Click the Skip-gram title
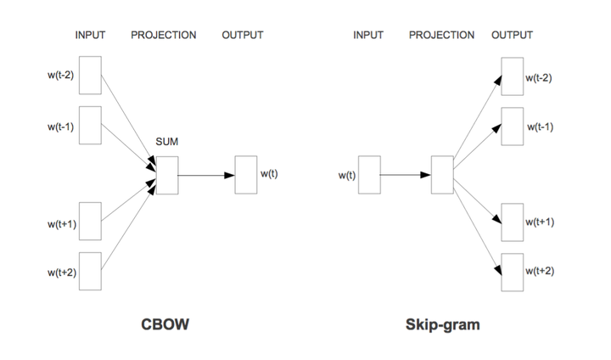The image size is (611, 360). pos(443,326)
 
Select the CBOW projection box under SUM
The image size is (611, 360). pos(166,175)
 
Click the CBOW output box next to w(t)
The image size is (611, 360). pos(246,175)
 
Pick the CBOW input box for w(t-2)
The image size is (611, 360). pos(90,76)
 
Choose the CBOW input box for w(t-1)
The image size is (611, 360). pos(90,126)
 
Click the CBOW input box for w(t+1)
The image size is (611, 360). pos(90,222)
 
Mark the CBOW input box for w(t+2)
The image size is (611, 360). pos(90,272)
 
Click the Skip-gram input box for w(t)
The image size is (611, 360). pos(368,175)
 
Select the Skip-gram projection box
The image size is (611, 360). pos(442,175)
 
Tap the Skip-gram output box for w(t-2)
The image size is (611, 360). pos(512,77)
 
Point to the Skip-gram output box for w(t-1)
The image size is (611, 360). pos(512,127)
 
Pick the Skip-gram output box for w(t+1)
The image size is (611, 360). pos(512,223)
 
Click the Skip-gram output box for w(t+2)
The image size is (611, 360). pos(512,272)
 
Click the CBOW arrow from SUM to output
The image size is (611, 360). pos(206,176)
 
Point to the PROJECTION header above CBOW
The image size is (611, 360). pos(164,36)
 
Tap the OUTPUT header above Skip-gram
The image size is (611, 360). pos(512,36)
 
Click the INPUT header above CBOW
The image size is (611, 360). pos(90,36)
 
